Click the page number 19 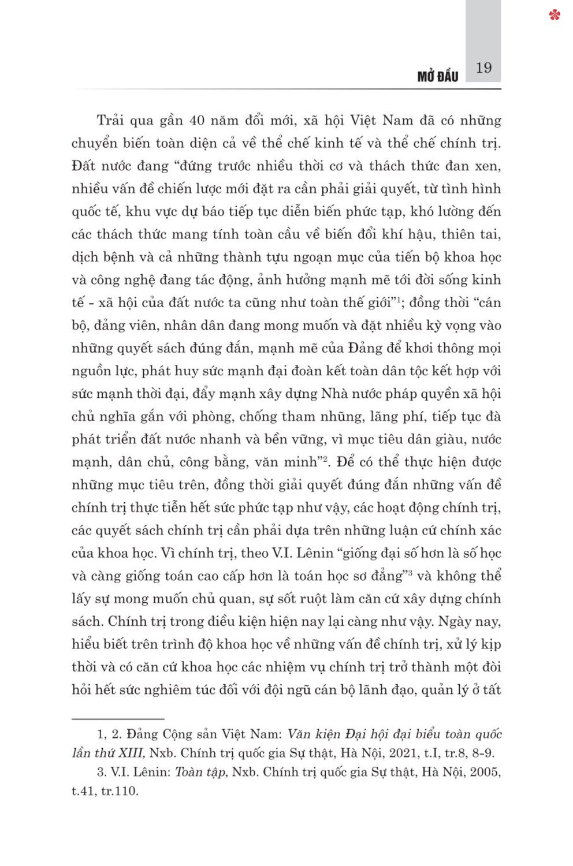(483, 68)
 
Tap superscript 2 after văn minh (325, 458)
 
